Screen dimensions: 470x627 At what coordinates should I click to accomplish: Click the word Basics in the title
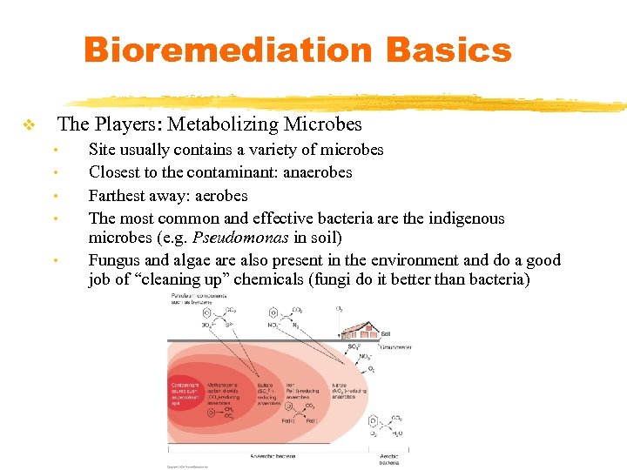[x=448, y=50]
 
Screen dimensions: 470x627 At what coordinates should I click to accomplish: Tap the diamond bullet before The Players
[x=29, y=126]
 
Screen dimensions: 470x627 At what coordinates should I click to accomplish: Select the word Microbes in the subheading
[x=318, y=124]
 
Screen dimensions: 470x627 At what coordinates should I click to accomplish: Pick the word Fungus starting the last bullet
[x=115, y=260]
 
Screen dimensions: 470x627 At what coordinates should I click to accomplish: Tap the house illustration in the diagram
[x=365, y=330]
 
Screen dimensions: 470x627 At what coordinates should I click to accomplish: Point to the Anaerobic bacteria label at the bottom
[x=273, y=456]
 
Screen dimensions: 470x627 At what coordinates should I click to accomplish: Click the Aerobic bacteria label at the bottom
[x=388, y=459]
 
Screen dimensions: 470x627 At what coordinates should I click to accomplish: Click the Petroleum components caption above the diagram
[x=196, y=300]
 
